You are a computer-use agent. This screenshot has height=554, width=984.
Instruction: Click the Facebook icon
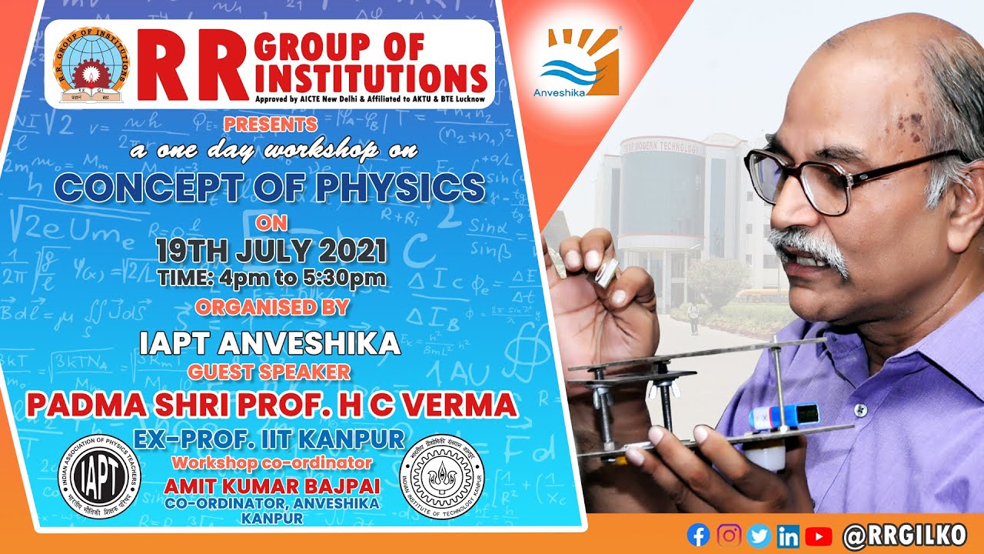point(698,535)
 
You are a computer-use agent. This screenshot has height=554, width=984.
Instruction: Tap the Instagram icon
point(729,535)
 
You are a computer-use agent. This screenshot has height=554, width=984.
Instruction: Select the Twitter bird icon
point(759,535)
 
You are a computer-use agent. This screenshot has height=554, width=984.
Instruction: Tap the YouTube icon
point(819,535)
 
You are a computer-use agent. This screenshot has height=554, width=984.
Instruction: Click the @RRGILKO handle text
point(903,535)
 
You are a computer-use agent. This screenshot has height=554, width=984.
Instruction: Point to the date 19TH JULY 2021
point(271,252)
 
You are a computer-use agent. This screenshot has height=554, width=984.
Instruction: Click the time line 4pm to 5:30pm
point(271,278)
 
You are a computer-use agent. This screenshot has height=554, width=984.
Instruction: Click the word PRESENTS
point(271,124)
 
